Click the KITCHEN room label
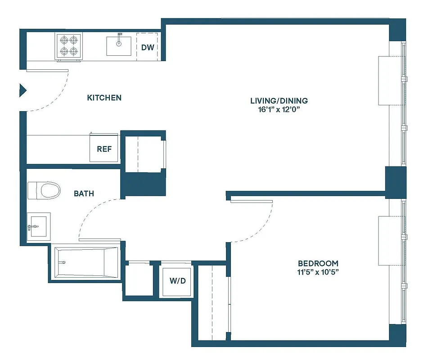pos(104,98)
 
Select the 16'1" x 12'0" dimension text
pos(275,110)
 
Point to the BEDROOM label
pos(318,263)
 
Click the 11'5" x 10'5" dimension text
pos(318,272)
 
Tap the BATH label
pos(84,193)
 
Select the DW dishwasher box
pos(147,47)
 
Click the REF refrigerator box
pos(104,149)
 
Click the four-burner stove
pos(69,46)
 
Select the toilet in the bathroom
pos(44,190)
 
